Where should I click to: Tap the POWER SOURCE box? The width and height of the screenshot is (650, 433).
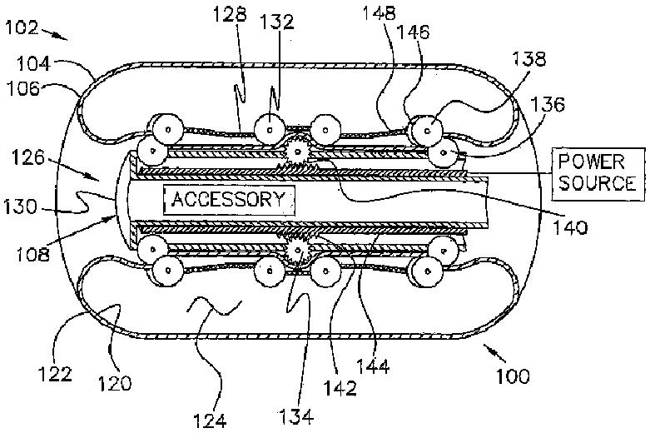coord(597,172)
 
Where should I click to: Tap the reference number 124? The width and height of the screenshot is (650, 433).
coord(212,419)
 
